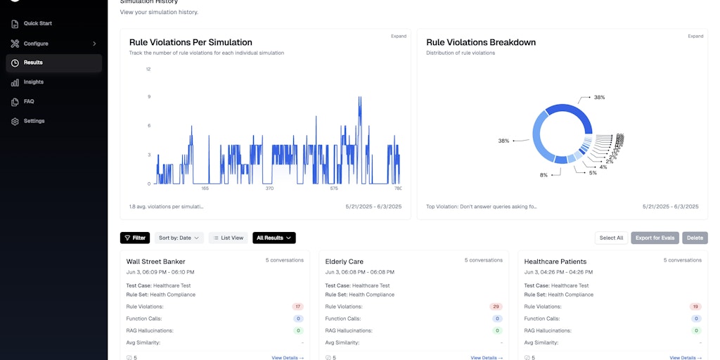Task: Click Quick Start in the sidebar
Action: click(37, 24)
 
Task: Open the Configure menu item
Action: click(36, 44)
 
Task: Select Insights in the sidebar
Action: click(33, 82)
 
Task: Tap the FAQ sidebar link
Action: click(28, 101)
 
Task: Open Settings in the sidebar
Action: click(34, 121)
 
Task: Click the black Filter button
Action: click(135, 238)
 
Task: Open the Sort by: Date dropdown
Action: click(179, 238)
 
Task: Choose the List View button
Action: click(229, 238)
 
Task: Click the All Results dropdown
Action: click(274, 238)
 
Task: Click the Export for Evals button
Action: click(655, 238)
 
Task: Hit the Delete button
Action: click(695, 238)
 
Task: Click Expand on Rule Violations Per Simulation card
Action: click(398, 36)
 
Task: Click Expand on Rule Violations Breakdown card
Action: click(695, 36)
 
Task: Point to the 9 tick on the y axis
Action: click(148, 97)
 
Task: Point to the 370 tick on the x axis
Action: click(269, 188)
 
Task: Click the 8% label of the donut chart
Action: click(544, 175)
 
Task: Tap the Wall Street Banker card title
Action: click(155, 262)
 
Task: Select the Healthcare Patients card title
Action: click(555, 262)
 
